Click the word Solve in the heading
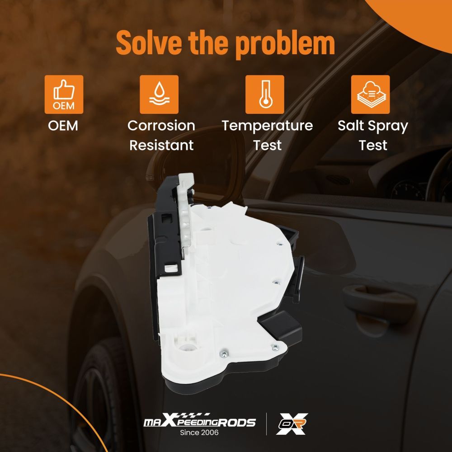149,42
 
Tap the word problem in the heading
285,44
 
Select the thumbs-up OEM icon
64,94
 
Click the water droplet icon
159,94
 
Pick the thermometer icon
264,94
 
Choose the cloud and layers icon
371,94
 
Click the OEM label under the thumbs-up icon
63,126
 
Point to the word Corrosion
161,126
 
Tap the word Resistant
161,145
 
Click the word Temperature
267,126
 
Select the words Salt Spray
373,126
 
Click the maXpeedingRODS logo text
199,421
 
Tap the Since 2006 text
199,433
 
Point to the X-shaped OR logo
292,424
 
